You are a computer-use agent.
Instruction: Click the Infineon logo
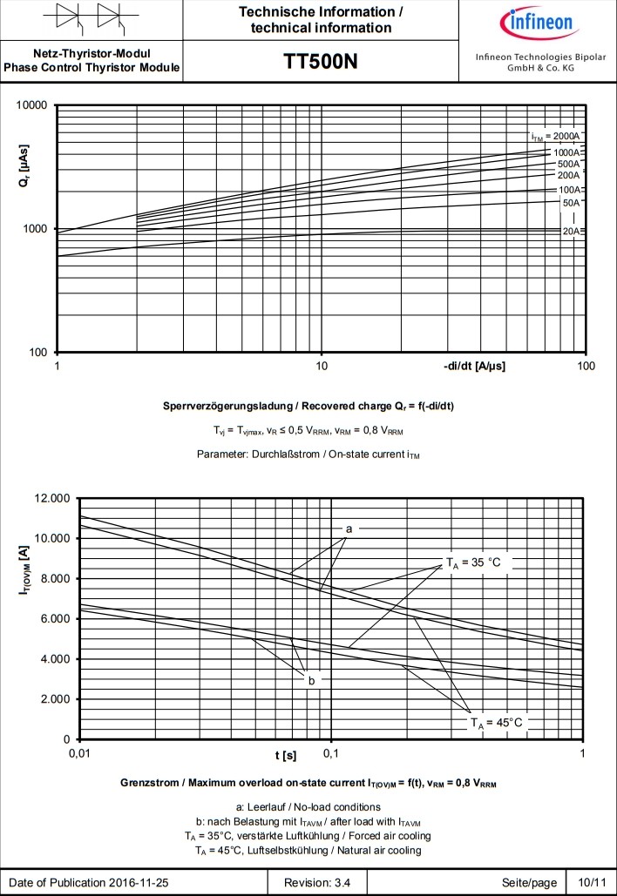click(536, 21)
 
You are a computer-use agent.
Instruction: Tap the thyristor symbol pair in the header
click(91, 19)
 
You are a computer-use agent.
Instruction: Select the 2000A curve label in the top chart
click(555, 138)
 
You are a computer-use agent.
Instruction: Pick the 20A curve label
click(570, 232)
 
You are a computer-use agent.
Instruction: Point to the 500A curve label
click(568, 164)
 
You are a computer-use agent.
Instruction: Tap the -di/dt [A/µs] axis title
click(474, 366)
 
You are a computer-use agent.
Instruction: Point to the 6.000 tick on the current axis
click(53, 619)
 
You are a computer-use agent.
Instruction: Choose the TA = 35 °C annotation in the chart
click(474, 563)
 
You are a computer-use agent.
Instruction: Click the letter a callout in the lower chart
click(349, 529)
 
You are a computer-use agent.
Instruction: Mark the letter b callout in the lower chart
click(311, 680)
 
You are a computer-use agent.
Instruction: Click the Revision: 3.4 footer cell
click(319, 882)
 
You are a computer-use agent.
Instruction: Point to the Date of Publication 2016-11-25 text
click(89, 882)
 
